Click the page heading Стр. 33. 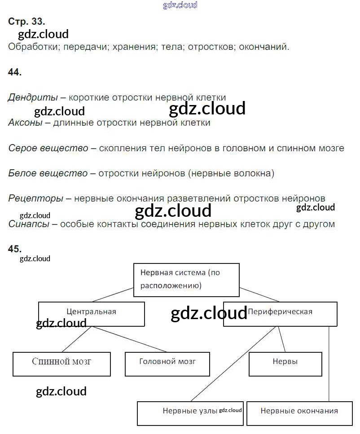click(26, 21)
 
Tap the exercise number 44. click(15, 72)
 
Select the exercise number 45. click(15, 249)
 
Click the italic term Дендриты click(33, 97)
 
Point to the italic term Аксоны click(26, 123)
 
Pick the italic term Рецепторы click(36, 198)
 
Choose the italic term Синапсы click(29, 224)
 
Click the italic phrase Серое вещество click(48, 148)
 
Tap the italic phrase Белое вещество click(48, 173)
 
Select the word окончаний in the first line click(264, 47)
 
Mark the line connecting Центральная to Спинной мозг click(77, 339)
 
